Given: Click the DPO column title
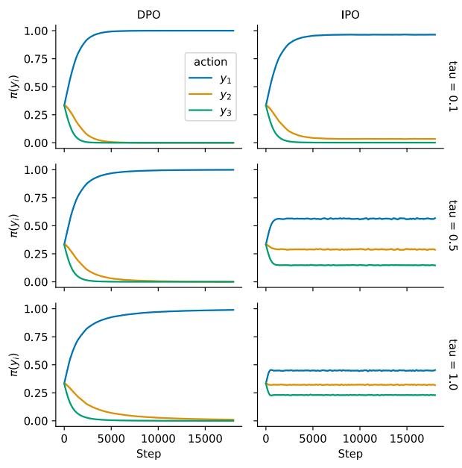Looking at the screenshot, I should pos(148,15).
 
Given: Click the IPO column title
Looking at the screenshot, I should pos(349,15).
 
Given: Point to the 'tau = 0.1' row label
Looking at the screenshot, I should pos(452,87).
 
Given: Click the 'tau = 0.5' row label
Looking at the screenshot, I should pos(452,225).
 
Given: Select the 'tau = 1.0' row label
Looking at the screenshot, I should pos(452,364).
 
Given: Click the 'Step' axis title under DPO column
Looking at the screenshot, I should pos(148,454).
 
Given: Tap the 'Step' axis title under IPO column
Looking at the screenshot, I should pos(349,454).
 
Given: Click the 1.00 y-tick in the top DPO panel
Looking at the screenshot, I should pos(37,31).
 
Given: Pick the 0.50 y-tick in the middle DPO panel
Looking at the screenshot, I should pos(37,225).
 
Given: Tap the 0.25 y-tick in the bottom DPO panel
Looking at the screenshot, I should pos(37,393).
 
